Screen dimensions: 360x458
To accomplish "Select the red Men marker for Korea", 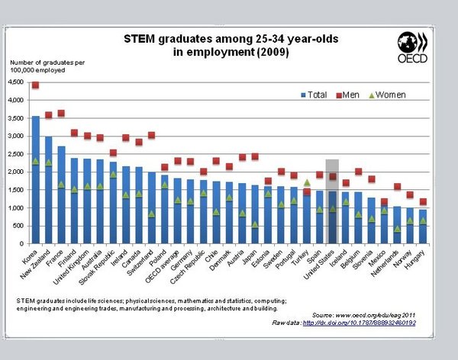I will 35,85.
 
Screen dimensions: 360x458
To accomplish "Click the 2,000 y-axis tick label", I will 17,172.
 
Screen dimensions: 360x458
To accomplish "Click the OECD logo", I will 413,47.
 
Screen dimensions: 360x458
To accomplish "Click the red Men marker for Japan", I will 255,157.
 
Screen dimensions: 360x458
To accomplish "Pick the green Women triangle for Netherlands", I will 397,228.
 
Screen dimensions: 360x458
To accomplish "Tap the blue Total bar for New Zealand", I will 48,191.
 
